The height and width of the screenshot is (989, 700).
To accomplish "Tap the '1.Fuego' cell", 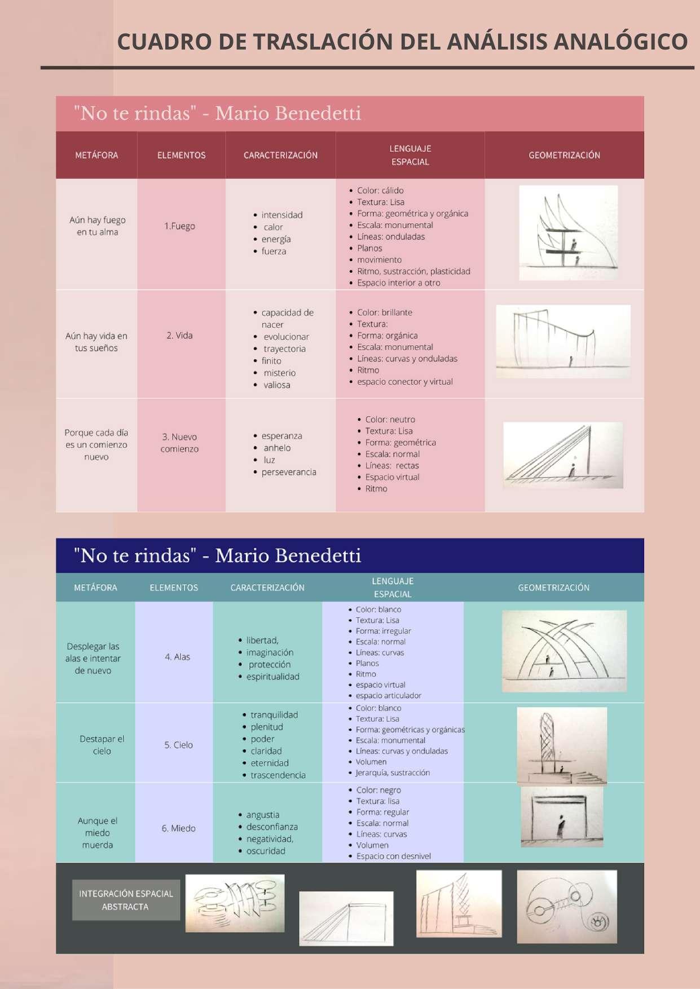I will (179, 226).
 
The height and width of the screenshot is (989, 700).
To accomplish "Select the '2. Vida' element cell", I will (179, 335).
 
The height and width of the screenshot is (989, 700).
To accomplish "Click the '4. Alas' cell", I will (177, 657).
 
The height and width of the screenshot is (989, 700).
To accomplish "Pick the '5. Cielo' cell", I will (178, 745).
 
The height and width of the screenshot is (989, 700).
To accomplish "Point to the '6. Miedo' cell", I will (178, 828).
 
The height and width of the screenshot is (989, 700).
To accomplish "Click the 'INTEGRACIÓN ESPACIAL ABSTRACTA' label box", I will (126, 900).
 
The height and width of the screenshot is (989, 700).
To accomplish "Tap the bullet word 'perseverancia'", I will (289, 472).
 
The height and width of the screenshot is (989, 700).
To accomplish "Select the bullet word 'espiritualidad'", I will (273, 677).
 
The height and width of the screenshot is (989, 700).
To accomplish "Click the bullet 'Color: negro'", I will (378, 790).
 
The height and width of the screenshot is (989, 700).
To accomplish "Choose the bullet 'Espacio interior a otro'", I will (398, 283).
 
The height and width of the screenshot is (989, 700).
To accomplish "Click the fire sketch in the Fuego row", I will (568, 233).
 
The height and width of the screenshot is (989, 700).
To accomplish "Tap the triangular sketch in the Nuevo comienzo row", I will (563, 455).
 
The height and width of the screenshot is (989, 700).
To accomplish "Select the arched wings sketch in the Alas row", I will (564, 651).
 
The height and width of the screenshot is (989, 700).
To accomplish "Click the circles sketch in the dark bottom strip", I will (566, 907).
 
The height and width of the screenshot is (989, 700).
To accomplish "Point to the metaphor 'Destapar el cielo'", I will (102, 745).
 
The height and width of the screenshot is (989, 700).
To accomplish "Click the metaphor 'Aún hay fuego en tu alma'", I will (97, 226).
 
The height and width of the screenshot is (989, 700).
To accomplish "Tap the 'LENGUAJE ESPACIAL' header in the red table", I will (410, 155).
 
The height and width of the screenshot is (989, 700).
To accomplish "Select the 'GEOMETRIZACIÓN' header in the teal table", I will (553, 588).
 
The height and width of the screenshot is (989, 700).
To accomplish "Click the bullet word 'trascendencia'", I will (278, 775).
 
